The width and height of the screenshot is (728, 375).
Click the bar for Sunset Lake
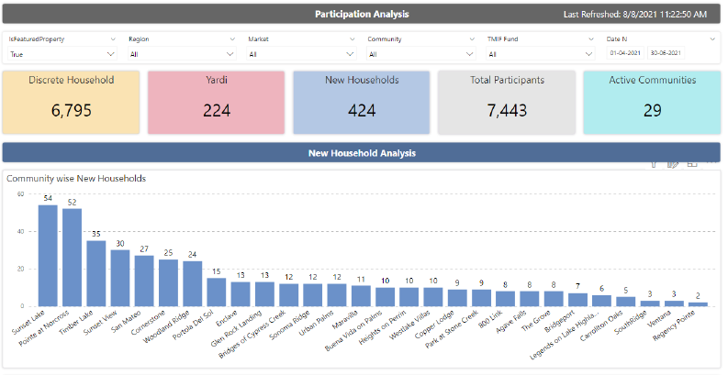click(x=48, y=256)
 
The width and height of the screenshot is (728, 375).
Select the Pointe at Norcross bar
click(x=72, y=258)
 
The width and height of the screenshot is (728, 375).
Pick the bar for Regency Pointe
click(x=698, y=303)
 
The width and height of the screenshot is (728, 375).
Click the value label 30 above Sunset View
click(x=120, y=244)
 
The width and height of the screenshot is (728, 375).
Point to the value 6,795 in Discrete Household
click(x=72, y=111)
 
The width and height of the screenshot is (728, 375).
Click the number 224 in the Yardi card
click(x=217, y=111)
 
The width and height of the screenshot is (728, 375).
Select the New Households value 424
click(x=362, y=111)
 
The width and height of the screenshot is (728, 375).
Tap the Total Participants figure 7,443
click(x=507, y=111)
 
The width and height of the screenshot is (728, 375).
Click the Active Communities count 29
click(x=653, y=111)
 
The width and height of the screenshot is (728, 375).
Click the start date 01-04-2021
click(x=626, y=53)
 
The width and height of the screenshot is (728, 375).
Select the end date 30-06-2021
click(x=666, y=53)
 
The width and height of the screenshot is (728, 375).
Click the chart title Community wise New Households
click(x=76, y=178)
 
